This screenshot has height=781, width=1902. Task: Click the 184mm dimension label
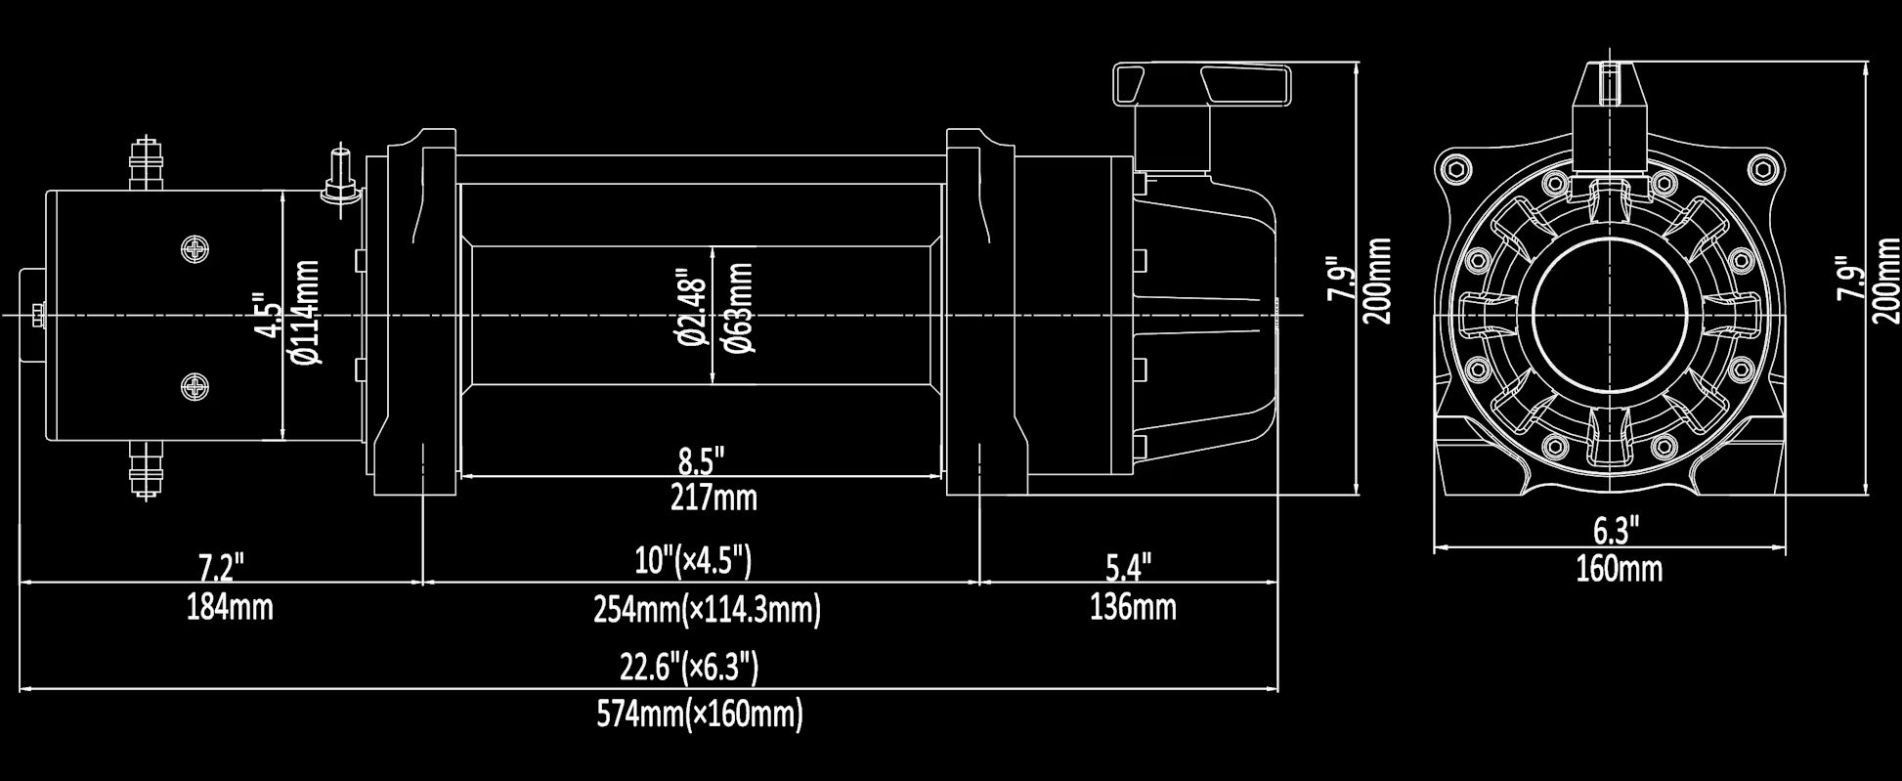pos(230,608)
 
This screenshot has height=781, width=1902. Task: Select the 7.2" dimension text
pos(221,567)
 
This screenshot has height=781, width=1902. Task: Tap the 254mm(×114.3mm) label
pos(707,610)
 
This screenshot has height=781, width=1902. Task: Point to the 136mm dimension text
pos(1133,608)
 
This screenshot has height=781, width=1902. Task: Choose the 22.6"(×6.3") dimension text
pos(689,669)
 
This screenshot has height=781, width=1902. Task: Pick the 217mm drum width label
pos(713,499)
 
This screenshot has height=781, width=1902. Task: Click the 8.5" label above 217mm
pos(702,457)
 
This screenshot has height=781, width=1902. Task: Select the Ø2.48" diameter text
pos(690,307)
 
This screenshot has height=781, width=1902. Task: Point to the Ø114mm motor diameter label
pos(306,313)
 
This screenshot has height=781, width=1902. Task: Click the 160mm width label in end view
pos(1619,568)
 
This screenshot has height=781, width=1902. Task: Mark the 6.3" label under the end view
pos(1616,531)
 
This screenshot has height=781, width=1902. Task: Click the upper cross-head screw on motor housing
pos(196,248)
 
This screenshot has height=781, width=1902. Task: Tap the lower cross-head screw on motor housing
pos(196,387)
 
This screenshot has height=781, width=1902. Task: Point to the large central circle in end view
pos(1608,316)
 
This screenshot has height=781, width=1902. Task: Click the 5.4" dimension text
pos(1129,567)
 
